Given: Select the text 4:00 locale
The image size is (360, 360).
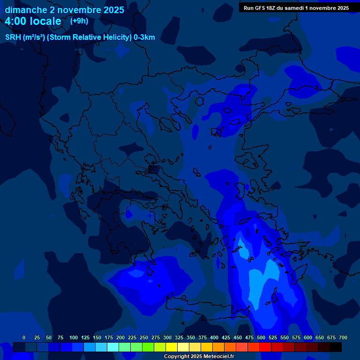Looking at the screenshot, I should (33, 22).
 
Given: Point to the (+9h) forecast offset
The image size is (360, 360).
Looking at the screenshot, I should (79, 21).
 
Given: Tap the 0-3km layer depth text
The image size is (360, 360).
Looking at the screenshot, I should (144, 37).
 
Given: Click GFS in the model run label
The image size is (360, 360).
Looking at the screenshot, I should (260, 8).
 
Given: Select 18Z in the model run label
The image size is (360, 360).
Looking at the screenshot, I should (273, 8).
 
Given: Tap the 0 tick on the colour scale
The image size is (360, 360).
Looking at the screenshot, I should (24, 337).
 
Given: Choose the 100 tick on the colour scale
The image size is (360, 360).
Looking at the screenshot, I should (74, 337).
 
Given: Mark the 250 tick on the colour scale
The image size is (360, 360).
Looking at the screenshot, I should (144, 337).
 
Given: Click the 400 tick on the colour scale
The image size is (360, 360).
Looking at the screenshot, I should (214, 337).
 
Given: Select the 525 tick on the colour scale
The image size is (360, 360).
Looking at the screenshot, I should (273, 337).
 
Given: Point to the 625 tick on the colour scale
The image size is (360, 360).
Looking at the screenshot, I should (320, 337).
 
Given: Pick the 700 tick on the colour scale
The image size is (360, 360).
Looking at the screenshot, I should (343, 337).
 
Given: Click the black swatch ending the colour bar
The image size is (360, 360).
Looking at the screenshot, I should (336, 347).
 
